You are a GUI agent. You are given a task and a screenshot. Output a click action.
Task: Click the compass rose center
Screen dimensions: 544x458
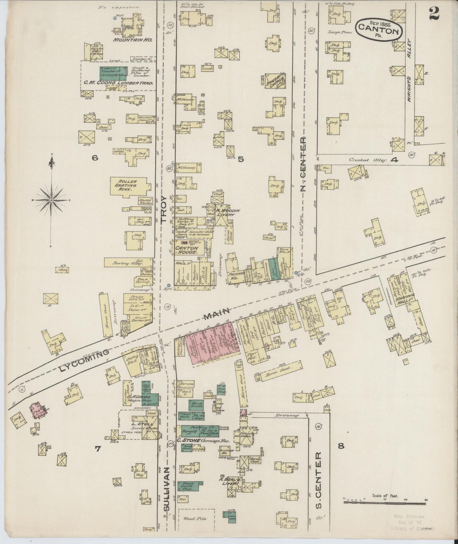51,201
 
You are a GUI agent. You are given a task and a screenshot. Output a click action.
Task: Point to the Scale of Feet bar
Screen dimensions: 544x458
384,502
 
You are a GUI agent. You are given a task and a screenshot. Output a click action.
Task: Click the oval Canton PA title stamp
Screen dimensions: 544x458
378,29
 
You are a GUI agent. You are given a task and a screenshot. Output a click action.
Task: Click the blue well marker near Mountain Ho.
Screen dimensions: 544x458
115,18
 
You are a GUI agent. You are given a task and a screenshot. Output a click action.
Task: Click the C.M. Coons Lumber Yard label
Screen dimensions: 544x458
119,83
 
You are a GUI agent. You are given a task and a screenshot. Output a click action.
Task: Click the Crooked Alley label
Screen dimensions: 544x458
368,160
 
